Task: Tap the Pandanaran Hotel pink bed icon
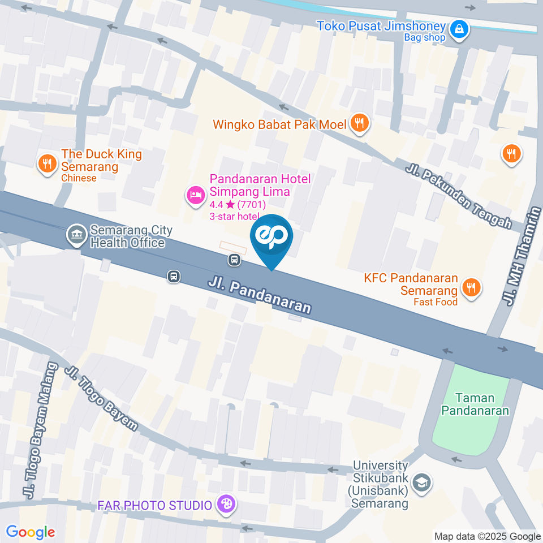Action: pos(195,196)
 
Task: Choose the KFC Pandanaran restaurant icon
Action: pos(470,287)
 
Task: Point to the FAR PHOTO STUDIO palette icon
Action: pos(225,505)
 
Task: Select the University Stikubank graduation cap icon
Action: pos(421,483)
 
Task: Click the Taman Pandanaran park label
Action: pos(475,404)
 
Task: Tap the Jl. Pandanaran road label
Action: pos(260,294)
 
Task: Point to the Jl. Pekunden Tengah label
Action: pos(458,195)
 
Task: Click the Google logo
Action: pos(30,532)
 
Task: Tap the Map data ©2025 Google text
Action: pos(488,536)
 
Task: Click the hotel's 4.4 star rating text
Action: pos(238,205)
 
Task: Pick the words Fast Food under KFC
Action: pos(435,302)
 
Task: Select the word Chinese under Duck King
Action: pos(79,178)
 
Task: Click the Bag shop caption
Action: pos(424,38)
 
